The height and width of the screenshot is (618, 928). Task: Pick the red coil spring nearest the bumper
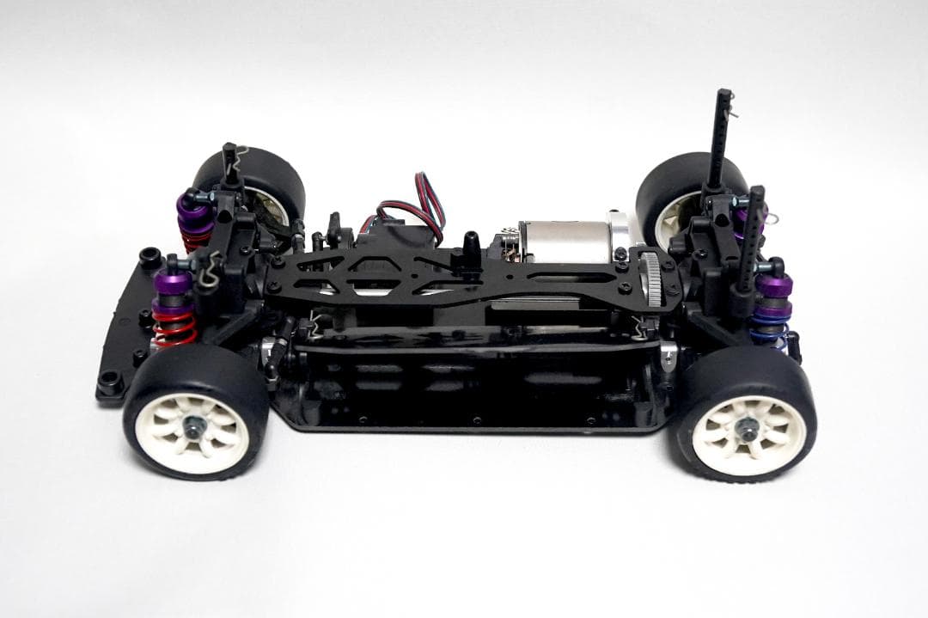pyautogui.click(x=174, y=327)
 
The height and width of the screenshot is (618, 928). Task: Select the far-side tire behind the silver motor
pyautogui.click(x=679, y=193)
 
